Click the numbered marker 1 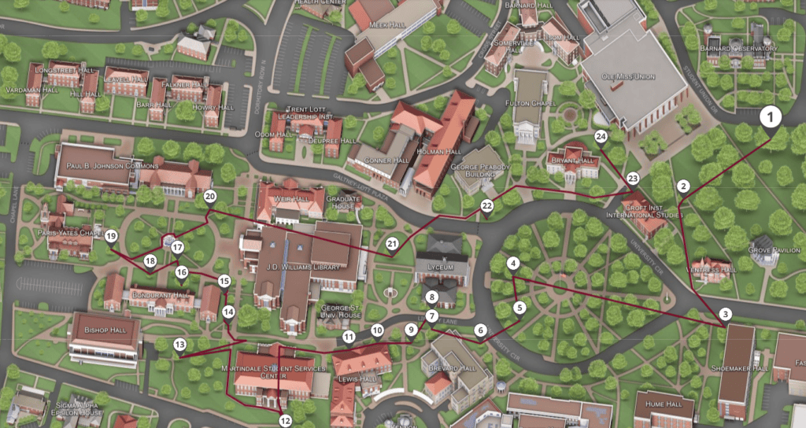tap(771, 118)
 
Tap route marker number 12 tap(285, 419)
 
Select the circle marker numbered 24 tap(601, 136)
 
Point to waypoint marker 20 tap(209, 196)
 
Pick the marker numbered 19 tap(111, 236)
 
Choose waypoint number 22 tap(486, 206)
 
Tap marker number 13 tap(180, 344)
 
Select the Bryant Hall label tap(573, 160)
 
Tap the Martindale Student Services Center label tap(274, 371)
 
